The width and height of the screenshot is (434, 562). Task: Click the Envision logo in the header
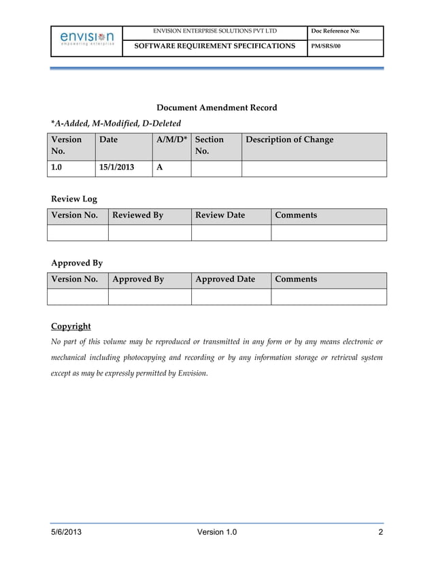pyautogui.click(x=86, y=37)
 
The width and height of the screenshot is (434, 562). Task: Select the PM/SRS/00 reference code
pyautogui.click(x=325, y=46)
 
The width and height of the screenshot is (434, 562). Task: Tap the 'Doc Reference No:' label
pyautogui.click(x=335, y=31)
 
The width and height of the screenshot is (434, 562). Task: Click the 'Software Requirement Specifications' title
pyautogui.click(x=214, y=46)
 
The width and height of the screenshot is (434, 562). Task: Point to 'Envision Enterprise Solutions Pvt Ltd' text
pyautogui.click(x=214, y=31)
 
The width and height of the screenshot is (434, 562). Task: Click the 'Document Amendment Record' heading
pyautogui.click(x=216, y=108)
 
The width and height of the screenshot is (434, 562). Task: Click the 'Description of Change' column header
pyautogui.click(x=289, y=140)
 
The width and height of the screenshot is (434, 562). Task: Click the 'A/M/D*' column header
pyautogui.click(x=171, y=140)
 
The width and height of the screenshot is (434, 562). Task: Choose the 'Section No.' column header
pyautogui.click(x=210, y=146)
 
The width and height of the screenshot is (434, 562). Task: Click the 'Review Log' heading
pyautogui.click(x=74, y=199)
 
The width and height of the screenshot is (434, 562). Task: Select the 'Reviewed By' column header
pyautogui.click(x=138, y=216)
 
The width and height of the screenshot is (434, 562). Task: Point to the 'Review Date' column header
pyautogui.click(x=220, y=216)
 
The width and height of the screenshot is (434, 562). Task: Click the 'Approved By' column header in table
pyautogui.click(x=138, y=280)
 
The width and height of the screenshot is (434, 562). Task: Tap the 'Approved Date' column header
pyautogui.click(x=225, y=280)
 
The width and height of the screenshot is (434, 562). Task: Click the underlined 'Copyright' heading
pyautogui.click(x=71, y=326)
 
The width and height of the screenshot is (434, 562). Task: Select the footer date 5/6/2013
pyautogui.click(x=67, y=532)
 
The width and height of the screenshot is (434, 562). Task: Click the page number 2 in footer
pyautogui.click(x=380, y=532)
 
